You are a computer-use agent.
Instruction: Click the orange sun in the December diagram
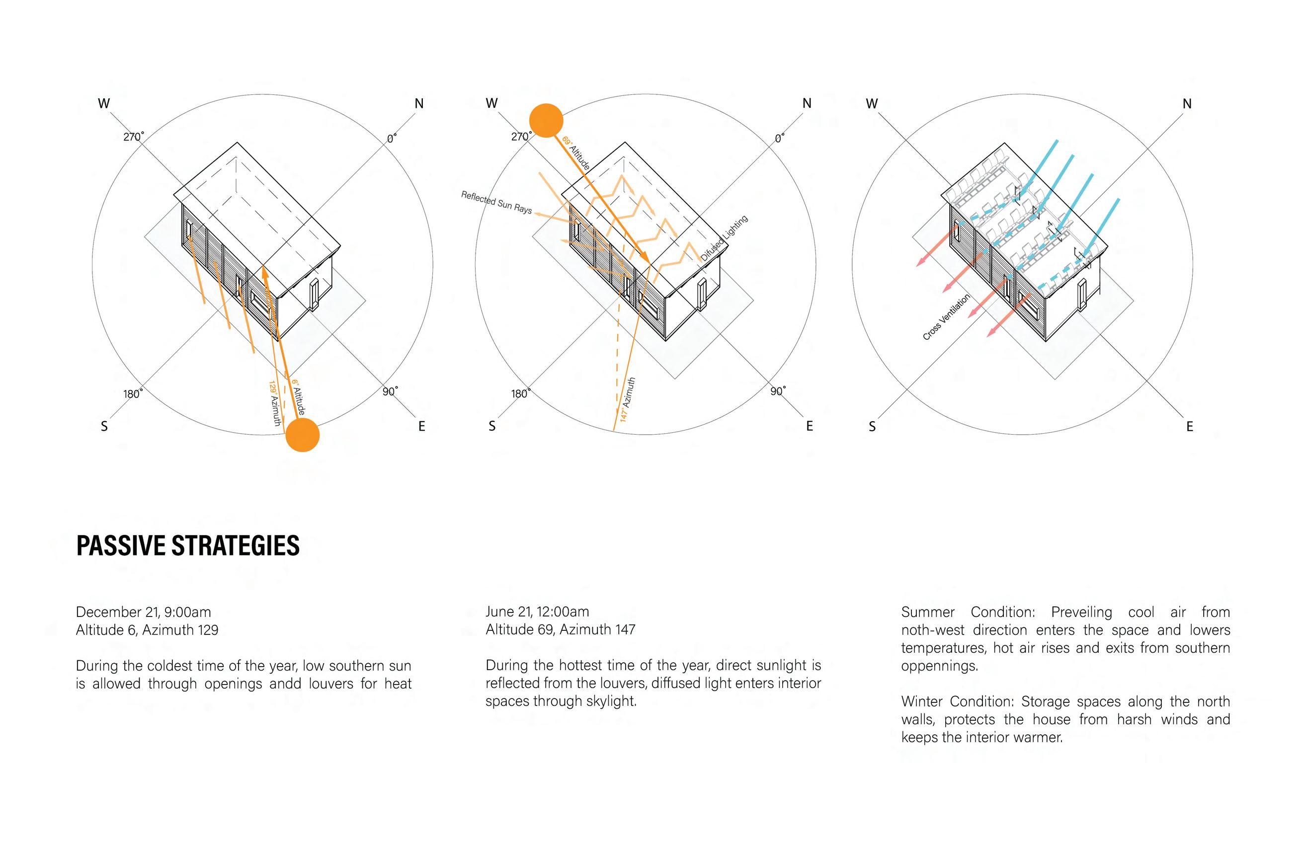click(x=302, y=435)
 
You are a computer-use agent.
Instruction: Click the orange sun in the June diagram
click(x=546, y=120)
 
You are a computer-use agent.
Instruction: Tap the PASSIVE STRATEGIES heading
click(x=188, y=546)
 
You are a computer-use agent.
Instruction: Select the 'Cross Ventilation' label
click(x=946, y=317)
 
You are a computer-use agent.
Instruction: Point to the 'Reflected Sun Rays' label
click(x=496, y=202)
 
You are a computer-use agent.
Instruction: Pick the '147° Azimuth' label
click(x=628, y=399)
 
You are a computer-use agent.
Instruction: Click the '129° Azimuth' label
click(x=275, y=403)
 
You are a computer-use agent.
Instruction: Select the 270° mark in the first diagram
click(x=134, y=136)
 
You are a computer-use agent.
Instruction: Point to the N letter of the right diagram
click(x=1187, y=103)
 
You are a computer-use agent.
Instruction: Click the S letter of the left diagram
click(x=104, y=426)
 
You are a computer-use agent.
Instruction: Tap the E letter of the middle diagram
click(x=809, y=426)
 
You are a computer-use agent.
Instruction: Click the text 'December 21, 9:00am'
click(x=144, y=612)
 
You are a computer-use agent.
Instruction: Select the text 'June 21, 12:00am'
click(x=537, y=612)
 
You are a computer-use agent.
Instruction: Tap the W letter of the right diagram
click(x=872, y=103)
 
